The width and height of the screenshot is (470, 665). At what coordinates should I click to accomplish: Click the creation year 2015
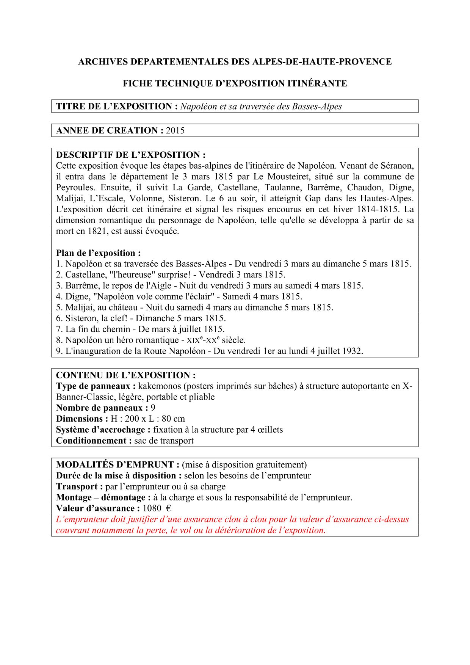click(175, 130)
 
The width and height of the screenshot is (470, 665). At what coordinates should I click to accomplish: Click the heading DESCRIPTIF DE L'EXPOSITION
click(131, 155)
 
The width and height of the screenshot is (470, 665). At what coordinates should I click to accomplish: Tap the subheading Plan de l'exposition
click(98, 253)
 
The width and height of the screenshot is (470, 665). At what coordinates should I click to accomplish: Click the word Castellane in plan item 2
click(83, 274)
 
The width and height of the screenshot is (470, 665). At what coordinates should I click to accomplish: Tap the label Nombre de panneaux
click(102, 408)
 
